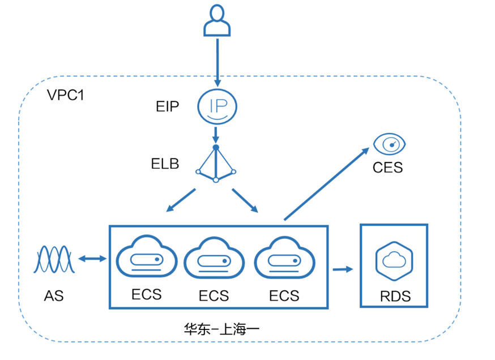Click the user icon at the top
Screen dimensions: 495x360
(x=217, y=20)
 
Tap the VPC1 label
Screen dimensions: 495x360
(x=66, y=95)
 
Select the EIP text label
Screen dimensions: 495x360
(x=167, y=106)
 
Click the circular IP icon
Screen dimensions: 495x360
(x=217, y=106)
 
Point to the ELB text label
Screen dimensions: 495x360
(x=165, y=164)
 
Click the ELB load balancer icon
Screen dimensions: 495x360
(x=216, y=164)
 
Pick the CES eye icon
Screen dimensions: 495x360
(x=389, y=144)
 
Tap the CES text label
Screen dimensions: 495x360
(x=387, y=168)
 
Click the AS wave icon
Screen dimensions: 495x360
(x=54, y=259)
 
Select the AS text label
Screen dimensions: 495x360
(x=54, y=296)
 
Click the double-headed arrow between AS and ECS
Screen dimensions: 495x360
(x=92, y=259)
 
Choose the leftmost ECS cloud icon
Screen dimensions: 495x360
(x=147, y=256)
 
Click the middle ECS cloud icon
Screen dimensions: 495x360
(x=214, y=258)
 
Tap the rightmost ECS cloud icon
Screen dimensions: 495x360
(x=284, y=258)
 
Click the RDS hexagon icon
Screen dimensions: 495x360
(x=394, y=262)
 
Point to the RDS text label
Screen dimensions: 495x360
(x=395, y=296)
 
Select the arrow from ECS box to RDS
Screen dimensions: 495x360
(x=343, y=269)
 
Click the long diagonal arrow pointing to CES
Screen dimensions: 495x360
(x=327, y=183)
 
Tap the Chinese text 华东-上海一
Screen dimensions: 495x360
(x=221, y=329)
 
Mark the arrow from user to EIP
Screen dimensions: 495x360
(x=217, y=63)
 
